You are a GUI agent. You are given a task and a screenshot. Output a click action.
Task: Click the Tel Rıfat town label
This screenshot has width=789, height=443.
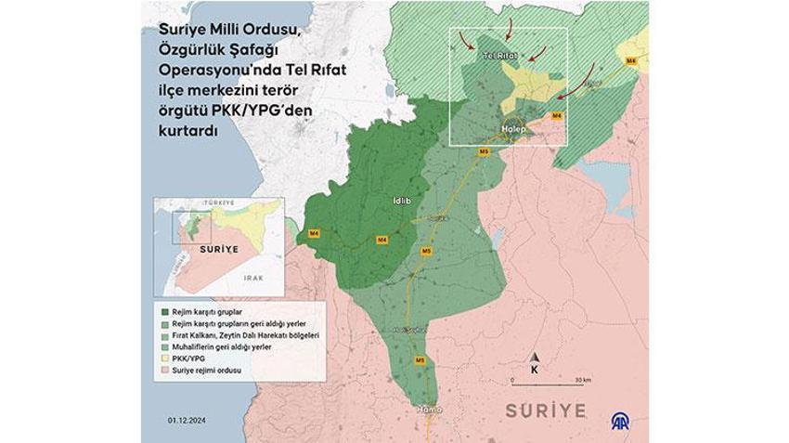[499, 57]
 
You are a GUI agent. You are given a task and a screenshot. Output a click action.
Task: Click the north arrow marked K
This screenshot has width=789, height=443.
[535, 364]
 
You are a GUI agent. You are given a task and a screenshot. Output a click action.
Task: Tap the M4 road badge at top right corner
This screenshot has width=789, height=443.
[631, 60]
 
